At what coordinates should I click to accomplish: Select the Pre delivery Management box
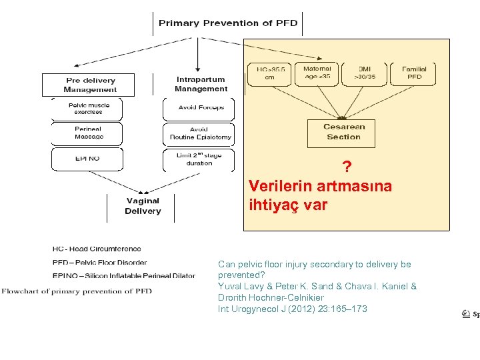click(x=90, y=85)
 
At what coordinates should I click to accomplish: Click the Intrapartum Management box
click(x=201, y=85)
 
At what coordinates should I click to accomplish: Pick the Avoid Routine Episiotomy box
click(x=199, y=133)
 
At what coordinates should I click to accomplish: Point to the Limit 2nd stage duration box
click(x=199, y=159)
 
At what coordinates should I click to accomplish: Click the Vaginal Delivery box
click(x=143, y=206)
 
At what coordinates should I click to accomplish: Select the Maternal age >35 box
click(x=317, y=73)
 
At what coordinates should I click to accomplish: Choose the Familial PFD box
click(x=415, y=73)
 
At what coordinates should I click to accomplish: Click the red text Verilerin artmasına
click(x=320, y=186)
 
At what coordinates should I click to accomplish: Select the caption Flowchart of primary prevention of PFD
click(x=77, y=291)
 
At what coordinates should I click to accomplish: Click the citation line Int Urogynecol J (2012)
click(x=292, y=309)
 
